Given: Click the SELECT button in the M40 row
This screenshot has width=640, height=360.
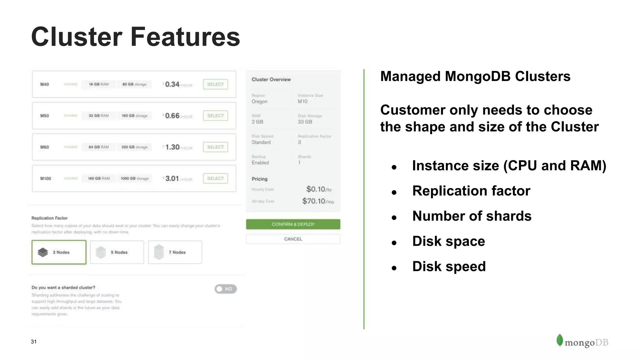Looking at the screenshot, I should point(215,84).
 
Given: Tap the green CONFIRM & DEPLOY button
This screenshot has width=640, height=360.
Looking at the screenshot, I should point(293,224).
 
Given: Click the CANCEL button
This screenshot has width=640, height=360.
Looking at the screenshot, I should point(293,239).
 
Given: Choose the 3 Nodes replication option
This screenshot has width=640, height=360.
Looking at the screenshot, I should point(59,252).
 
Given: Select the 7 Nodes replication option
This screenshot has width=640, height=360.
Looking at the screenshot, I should point(175,252).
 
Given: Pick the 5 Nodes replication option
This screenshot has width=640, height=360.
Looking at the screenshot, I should point(117,252).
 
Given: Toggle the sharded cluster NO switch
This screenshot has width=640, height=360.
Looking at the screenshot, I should point(225,289).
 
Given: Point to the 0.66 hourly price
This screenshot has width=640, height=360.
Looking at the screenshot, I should point(172,116).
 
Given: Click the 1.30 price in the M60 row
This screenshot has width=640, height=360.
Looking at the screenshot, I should point(172,147).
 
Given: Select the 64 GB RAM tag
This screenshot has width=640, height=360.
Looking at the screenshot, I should point(98,147).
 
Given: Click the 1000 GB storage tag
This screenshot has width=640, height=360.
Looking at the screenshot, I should point(134,178).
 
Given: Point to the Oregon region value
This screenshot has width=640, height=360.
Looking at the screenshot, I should point(259,102).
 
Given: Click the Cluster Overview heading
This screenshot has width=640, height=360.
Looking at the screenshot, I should point(271,79).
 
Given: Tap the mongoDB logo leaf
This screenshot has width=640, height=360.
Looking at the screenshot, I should point(559,340).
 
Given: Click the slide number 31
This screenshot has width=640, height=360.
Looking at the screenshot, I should point(34,342).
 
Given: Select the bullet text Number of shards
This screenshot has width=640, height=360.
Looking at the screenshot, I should point(472,216).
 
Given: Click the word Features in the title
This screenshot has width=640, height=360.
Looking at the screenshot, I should point(185,37).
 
